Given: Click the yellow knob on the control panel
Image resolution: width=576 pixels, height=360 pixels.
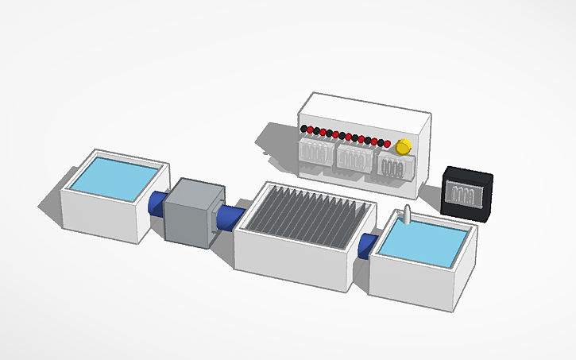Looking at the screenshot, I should (x=403, y=146).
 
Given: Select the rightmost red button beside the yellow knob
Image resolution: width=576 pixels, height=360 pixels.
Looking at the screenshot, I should (x=388, y=144).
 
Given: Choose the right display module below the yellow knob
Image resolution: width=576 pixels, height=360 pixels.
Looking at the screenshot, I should (x=394, y=168).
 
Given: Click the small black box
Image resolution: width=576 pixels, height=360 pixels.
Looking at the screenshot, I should (x=467, y=193).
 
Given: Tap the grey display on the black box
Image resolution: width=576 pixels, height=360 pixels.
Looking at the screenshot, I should (x=465, y=193).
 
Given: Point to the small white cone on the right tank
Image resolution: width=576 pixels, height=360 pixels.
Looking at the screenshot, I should (x=408, y=214).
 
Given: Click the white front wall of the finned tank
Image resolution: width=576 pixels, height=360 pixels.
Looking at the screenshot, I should (x=291, y=261).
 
